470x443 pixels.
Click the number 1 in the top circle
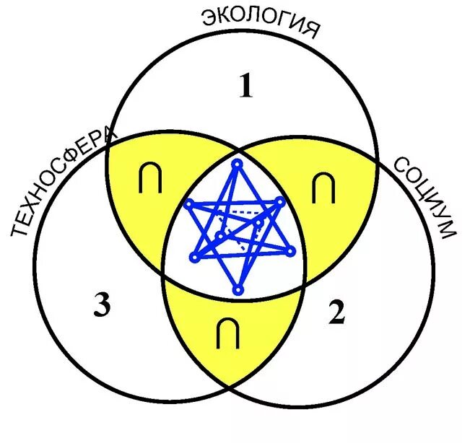(x=246, y=87)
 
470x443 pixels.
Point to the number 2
(x=336, y=314)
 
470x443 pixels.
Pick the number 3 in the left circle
(x=102, y=307)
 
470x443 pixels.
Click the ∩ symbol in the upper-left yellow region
(x=150, y=181)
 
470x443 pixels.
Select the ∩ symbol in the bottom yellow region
(x=228, y=333)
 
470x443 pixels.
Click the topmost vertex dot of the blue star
(x=236, y=164)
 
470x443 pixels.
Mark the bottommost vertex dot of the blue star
(x=238, y=290)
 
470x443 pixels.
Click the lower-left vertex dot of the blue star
(x=193, y=257)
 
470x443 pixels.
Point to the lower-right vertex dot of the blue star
(x=290, y=252)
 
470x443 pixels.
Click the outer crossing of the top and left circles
(x=108, y=142)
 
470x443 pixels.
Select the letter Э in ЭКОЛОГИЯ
(x=209, y=19)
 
